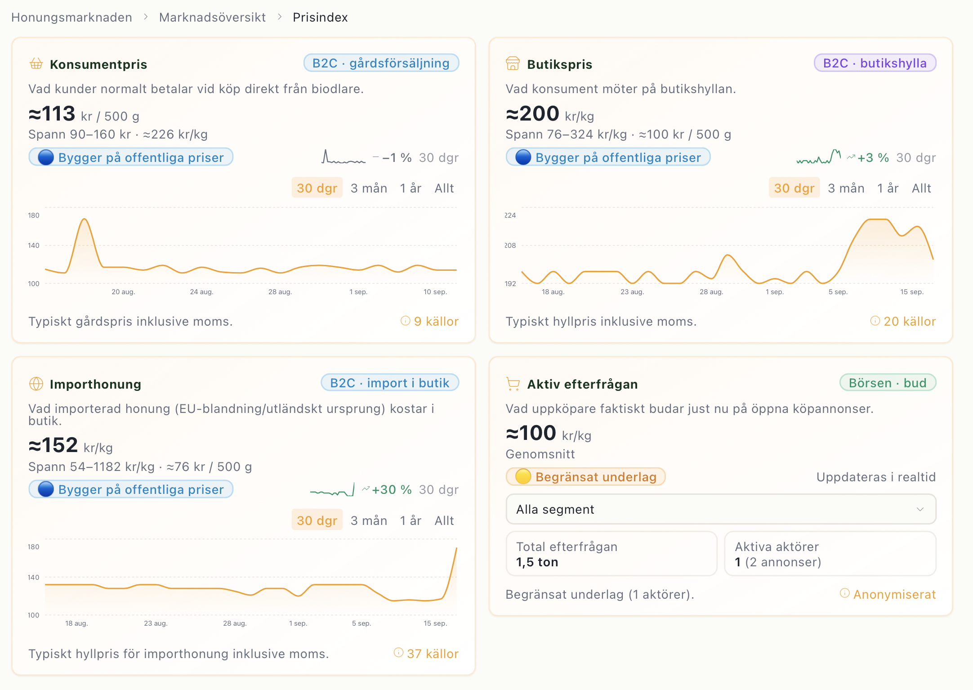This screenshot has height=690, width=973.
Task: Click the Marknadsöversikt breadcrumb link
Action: coord(212,17)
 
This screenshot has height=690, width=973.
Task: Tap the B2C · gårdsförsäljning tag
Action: coord(381,63)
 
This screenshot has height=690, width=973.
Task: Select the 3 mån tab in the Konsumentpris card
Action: coord(369,188)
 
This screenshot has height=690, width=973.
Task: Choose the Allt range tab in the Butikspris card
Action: coord(921,188)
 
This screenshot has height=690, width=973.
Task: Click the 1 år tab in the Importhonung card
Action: coord(411,520)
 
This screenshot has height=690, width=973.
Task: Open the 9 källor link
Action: coord(430,321)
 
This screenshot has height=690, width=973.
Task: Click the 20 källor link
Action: coord(903,321)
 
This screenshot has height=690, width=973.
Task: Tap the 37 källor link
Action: coord(426,654)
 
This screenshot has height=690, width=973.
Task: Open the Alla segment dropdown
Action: coord(721,509)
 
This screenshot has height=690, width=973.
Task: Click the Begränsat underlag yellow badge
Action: coord(585,477)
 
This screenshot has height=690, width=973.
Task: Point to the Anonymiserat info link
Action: coord(888,594)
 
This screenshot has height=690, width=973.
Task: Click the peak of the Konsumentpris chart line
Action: coord(84,219)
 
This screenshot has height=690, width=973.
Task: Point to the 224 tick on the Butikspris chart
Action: coord(510,215)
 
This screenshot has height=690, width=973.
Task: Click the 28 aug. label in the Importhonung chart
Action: coord(235,623)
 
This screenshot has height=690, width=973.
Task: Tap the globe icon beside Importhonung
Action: coord(36,384)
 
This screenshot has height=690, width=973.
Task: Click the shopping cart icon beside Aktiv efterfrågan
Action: coord(513,384)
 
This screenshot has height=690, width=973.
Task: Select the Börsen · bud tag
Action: coord(888,383)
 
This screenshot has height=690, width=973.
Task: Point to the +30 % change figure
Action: coord(392,489)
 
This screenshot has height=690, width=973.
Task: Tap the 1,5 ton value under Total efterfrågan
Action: coord(537,562)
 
